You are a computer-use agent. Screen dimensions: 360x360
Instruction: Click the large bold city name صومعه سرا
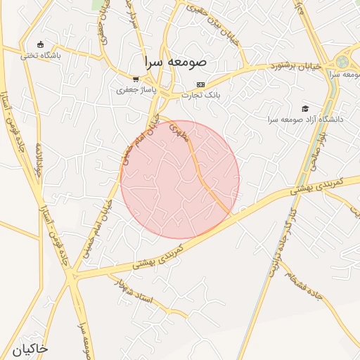175,61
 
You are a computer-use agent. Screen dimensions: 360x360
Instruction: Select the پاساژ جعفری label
132,90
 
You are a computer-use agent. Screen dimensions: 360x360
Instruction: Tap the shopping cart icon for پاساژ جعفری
136,79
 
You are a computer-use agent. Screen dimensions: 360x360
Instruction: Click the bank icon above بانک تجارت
200,84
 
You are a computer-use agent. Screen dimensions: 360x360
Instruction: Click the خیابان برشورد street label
297,67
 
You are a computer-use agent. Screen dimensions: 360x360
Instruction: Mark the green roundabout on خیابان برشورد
342,62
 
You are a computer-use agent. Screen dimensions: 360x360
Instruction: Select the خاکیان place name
30,348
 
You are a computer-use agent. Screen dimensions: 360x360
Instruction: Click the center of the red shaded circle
180,179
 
